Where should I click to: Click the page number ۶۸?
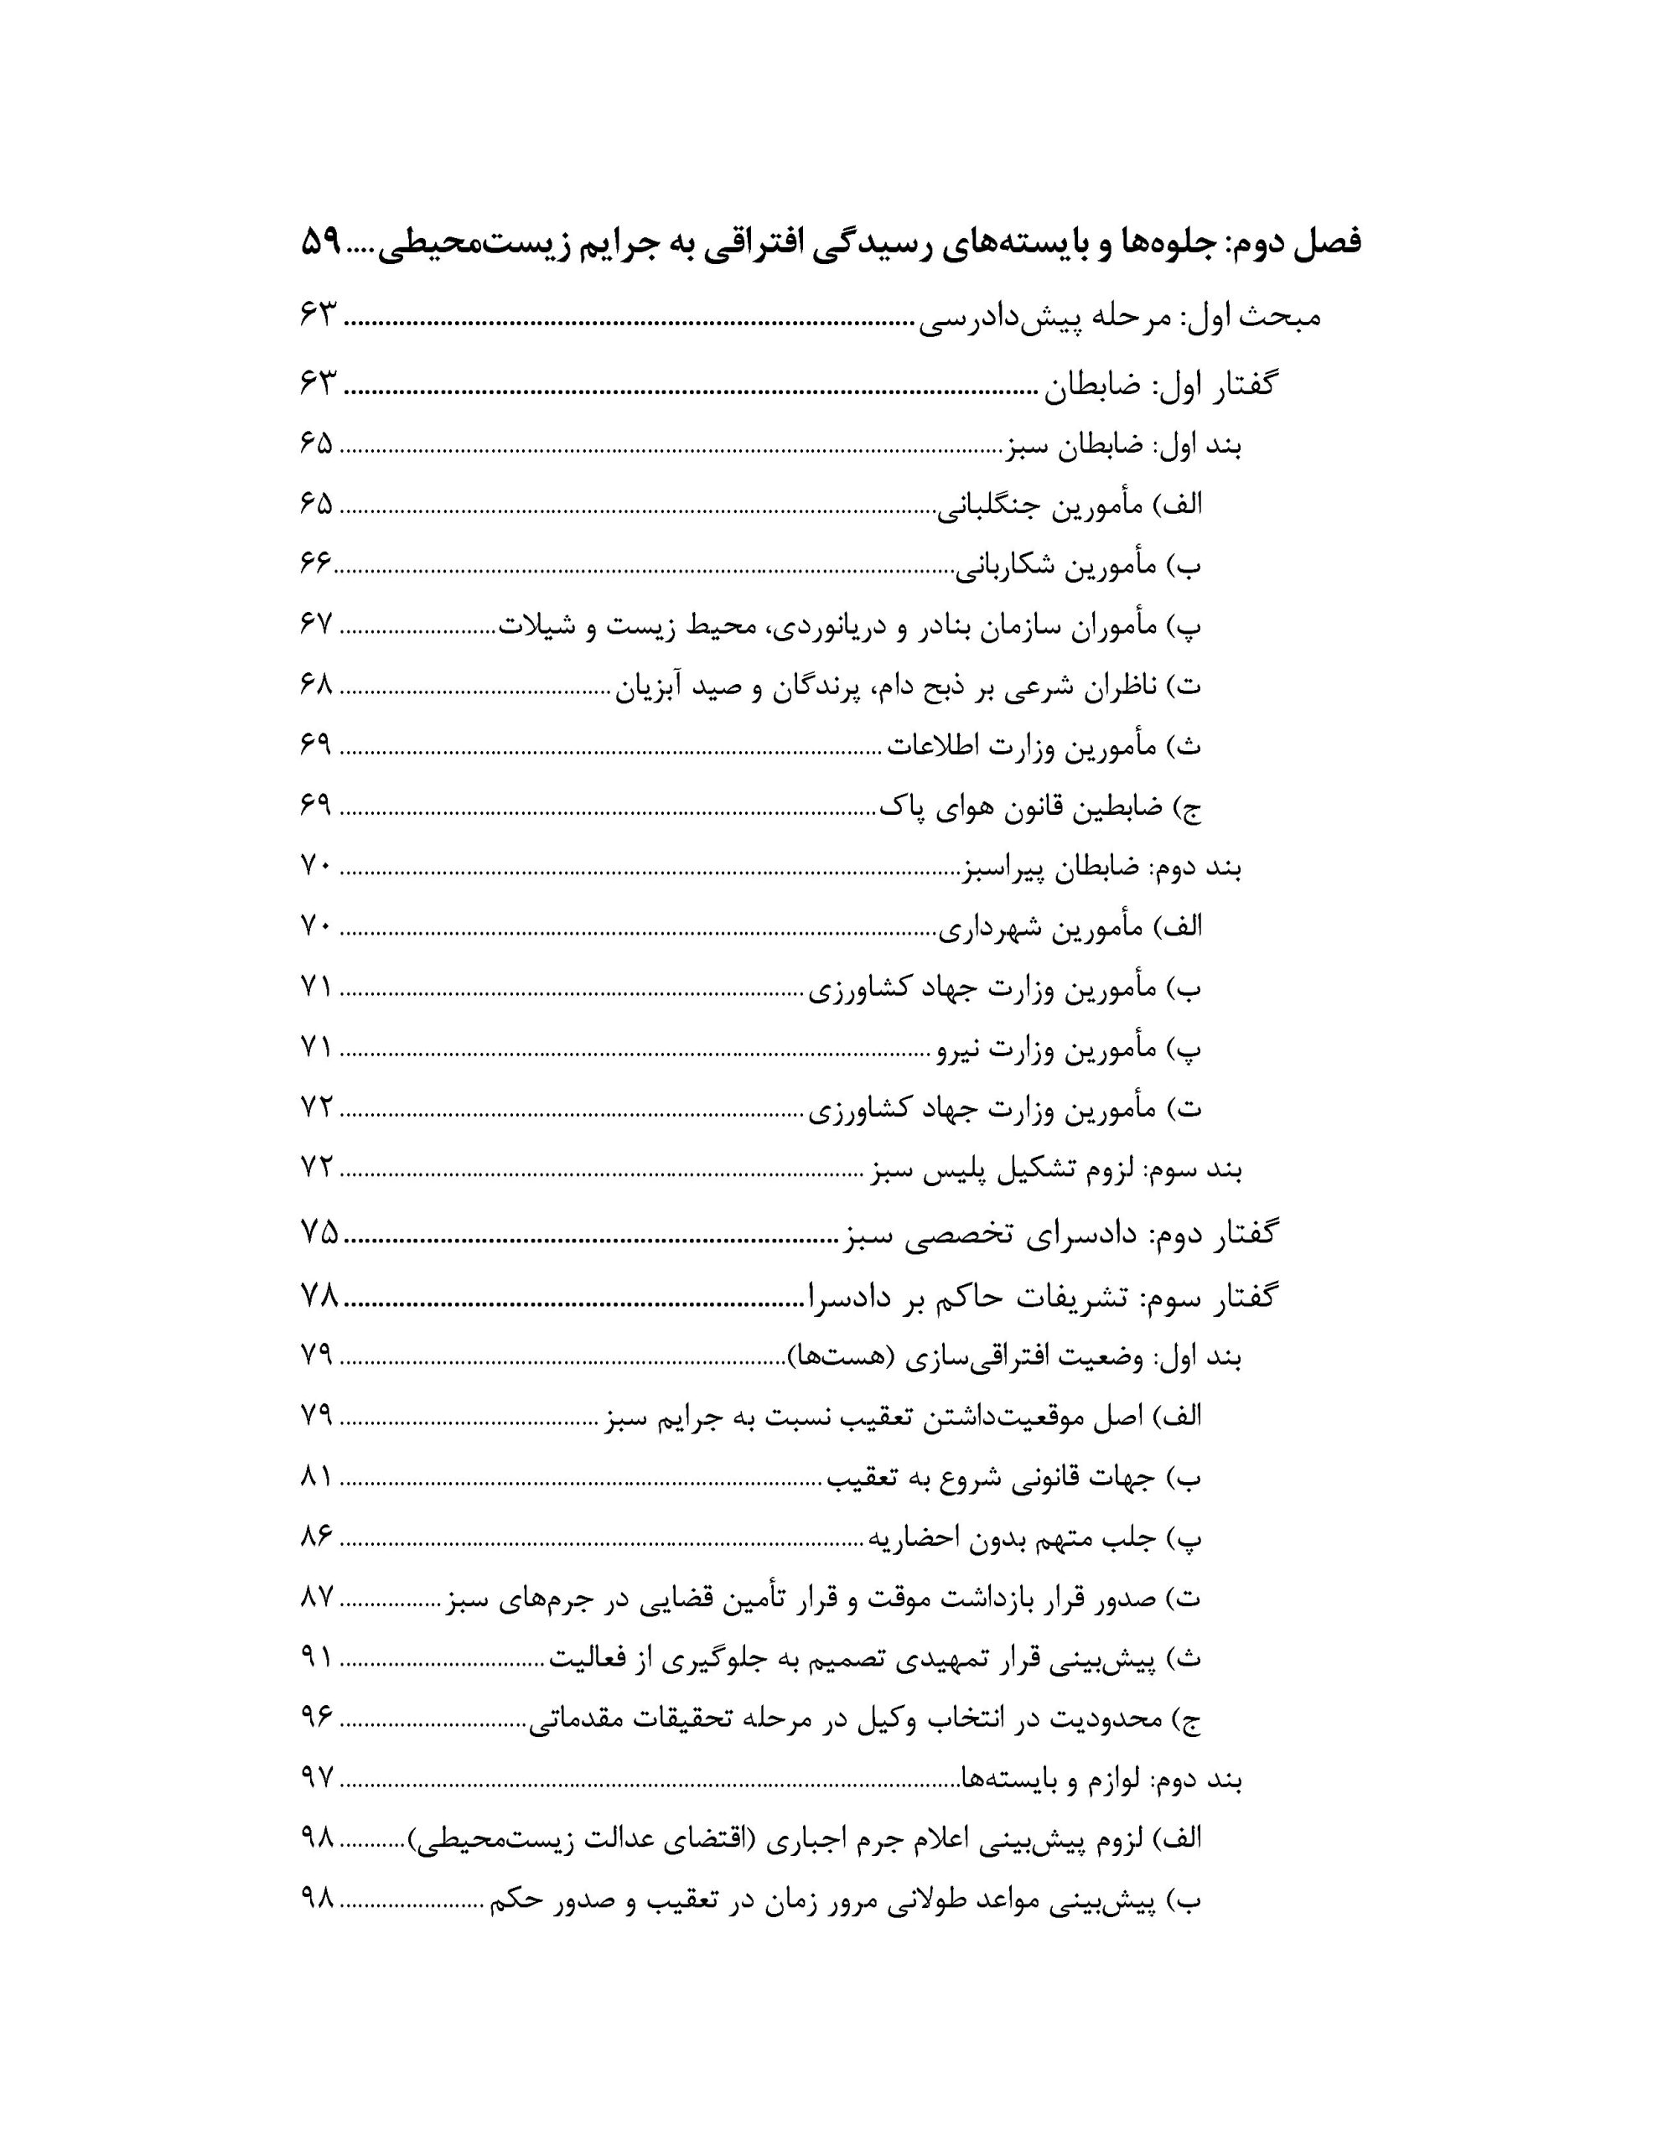pos(318,685)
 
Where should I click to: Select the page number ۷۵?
pos(319,1232)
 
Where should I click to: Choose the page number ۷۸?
pos(319,1295)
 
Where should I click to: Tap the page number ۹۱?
pos(318,1657)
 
